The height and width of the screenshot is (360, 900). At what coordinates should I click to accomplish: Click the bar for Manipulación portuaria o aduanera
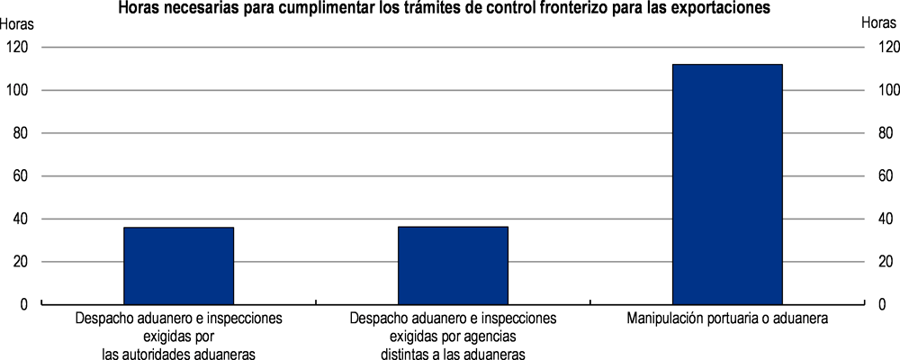(727, 184)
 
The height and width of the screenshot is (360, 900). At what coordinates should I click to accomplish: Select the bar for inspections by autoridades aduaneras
(178, 265)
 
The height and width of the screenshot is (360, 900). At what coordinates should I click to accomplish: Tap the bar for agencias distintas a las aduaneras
(453, 265)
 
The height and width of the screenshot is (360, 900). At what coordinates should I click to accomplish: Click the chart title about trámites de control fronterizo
(449, 8)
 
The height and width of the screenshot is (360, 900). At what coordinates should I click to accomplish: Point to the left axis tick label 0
(23, 305)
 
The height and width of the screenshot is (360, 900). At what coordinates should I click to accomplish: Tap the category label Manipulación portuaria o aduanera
(727, 319)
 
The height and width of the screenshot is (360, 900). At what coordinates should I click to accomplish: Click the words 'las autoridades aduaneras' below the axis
(178, 353)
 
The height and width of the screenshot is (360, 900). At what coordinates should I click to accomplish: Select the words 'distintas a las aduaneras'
(453, 353)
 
